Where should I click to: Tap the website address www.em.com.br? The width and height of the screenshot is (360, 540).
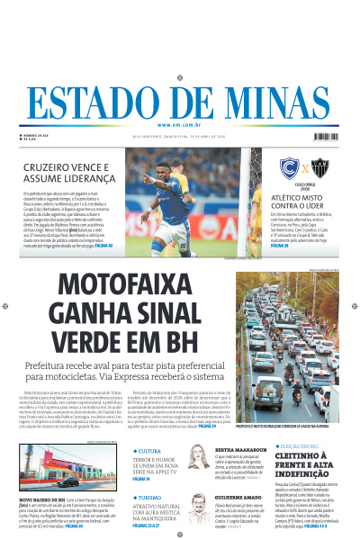(179, 125)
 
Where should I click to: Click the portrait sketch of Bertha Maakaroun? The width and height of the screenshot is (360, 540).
(198, 459)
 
